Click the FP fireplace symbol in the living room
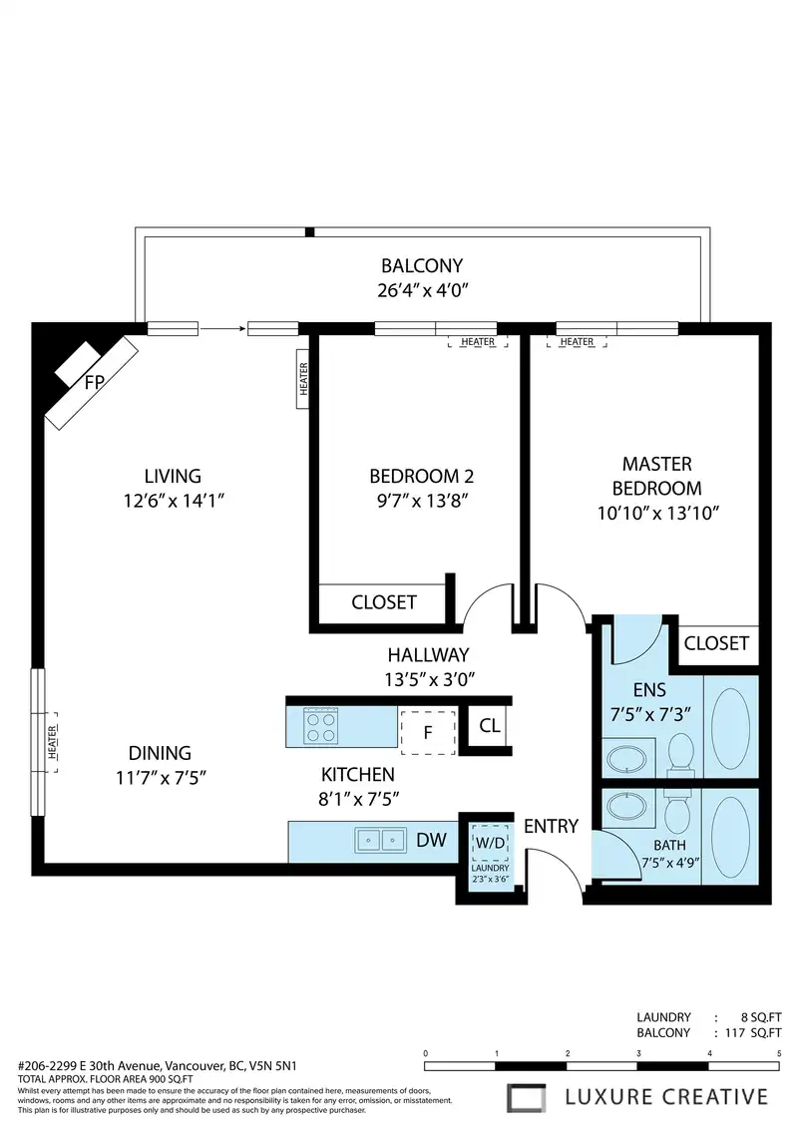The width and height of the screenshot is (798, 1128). pyautogui.click(x=92, y=382)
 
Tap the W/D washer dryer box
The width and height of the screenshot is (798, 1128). pyautogui.click(x=491, y=843)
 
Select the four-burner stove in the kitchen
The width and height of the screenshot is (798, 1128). pyautogui.click(x=320, y=727)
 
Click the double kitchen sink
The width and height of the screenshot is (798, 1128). pyautogui.click(x=381, y=840)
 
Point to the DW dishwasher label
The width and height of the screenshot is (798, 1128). pyautogui.click(x=431, y=840)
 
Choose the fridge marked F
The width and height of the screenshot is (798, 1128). pyautogui.click(x=428, y=732)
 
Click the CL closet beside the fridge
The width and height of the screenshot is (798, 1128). pyautogui.click(x=490, y=726)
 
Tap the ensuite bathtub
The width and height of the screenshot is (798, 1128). pyautogui.click(x=730, y=726)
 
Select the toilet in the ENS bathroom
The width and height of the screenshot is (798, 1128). pyautogui.click(x=680, y=754)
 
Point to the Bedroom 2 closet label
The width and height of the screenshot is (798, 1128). pyautogui.click(x=383, y=602)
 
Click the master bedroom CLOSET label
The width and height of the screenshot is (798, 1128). pyautogui.click(x=716, y=643)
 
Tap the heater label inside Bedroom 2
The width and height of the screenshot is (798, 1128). pyautogui.click(x=478, y=342)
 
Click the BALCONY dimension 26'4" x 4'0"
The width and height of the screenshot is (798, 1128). pyautogui.click(x=422, y=290)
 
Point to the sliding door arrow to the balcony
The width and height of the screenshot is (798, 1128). pyautogui.click(x=222, y=329)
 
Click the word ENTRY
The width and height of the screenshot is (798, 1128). pyautogui.click(x=551, y=826)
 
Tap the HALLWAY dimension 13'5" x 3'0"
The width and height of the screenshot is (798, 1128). pyautogui.click(x=430, y=679)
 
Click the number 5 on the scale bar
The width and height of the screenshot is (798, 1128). pyautogui.click(x=779, y=1053)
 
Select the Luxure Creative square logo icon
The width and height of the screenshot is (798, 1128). pyautogui.click(x=526, y=1098)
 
